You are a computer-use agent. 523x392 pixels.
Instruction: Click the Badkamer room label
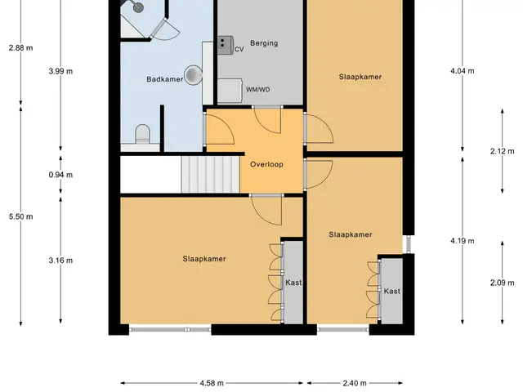pos(165,79)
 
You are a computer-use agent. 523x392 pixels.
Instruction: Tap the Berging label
pos(264,43)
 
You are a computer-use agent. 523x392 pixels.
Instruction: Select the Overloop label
pos(266,164)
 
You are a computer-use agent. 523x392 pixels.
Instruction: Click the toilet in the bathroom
pos(143,134)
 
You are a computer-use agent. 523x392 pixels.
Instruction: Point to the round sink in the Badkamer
pos(193,74)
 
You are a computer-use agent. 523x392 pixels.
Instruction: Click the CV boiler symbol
pos(226,46)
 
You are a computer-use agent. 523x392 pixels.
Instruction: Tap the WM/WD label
pos(258,90)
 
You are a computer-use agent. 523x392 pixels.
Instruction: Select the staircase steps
pos(211,174)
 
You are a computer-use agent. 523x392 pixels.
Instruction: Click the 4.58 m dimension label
pos(212,383)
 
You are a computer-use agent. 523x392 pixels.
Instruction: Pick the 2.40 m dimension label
pos(355,383)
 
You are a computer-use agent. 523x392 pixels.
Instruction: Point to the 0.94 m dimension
pos(60,175)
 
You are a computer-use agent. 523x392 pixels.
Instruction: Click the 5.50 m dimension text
pos(21,216)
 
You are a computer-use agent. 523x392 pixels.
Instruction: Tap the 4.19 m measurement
pos(463,241)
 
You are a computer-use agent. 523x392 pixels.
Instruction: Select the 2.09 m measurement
pos(503,283)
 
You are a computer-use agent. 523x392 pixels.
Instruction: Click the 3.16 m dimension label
pos(60,261)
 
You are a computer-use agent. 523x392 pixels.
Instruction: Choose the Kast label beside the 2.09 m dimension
pos(392,292)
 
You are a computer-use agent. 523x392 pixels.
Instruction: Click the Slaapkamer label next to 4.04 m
pos(360,77)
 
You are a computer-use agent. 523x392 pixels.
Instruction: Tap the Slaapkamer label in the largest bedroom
pos(204,259)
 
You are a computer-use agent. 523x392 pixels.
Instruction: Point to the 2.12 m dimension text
pos(503,151)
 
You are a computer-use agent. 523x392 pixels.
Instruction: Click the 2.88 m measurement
pos(21,48)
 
